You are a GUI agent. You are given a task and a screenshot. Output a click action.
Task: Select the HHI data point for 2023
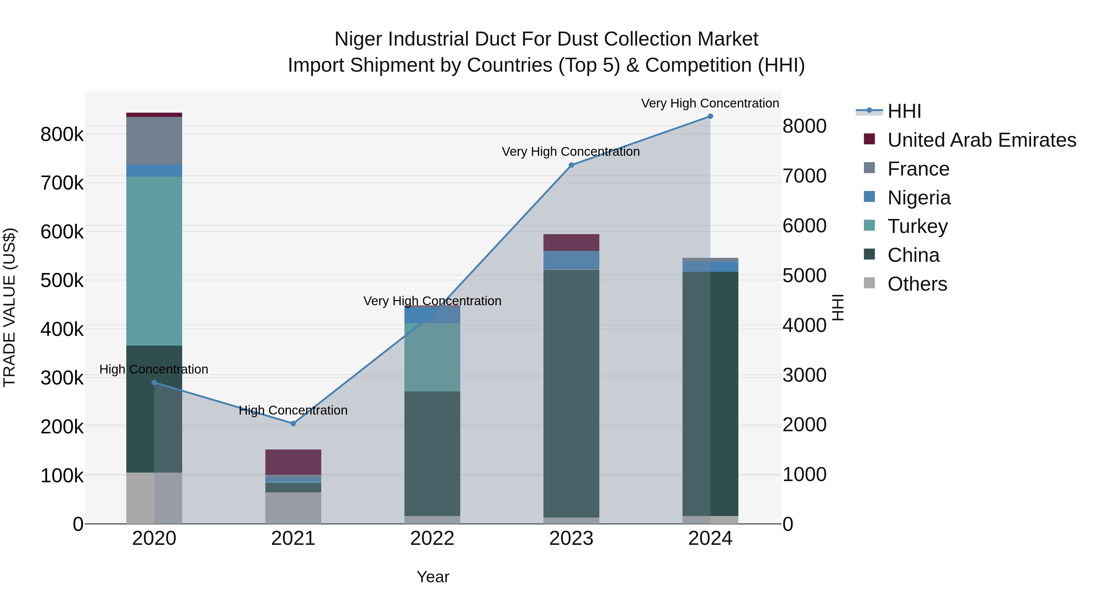pos(571,165)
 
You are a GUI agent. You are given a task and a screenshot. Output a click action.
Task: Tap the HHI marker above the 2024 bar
pos(710,116)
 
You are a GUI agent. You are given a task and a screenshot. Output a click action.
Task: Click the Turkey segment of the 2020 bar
pos(154,261)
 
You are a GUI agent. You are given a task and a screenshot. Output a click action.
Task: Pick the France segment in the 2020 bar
pos(154,141)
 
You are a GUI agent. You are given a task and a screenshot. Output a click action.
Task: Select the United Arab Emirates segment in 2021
pos(293,462)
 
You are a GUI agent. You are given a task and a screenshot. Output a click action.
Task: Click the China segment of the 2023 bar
pos(571,393)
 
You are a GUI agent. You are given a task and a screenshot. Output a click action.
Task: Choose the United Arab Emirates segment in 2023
pos(571,242)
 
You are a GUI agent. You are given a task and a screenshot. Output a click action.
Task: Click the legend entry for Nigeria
pos(919,198)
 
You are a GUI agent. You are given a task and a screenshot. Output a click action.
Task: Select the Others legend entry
pos(917,284)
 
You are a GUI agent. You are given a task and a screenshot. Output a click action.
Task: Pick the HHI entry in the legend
pos(904,111)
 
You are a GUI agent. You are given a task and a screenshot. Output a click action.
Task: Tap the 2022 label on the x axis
pos(432,538)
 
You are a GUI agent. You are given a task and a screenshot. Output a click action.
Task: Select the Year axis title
pos(433,577)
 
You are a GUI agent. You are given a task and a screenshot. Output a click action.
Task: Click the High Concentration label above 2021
pos(293,410)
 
